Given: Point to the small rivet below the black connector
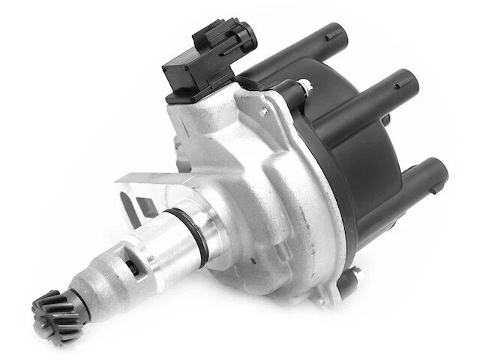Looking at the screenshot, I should coord(262,112).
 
